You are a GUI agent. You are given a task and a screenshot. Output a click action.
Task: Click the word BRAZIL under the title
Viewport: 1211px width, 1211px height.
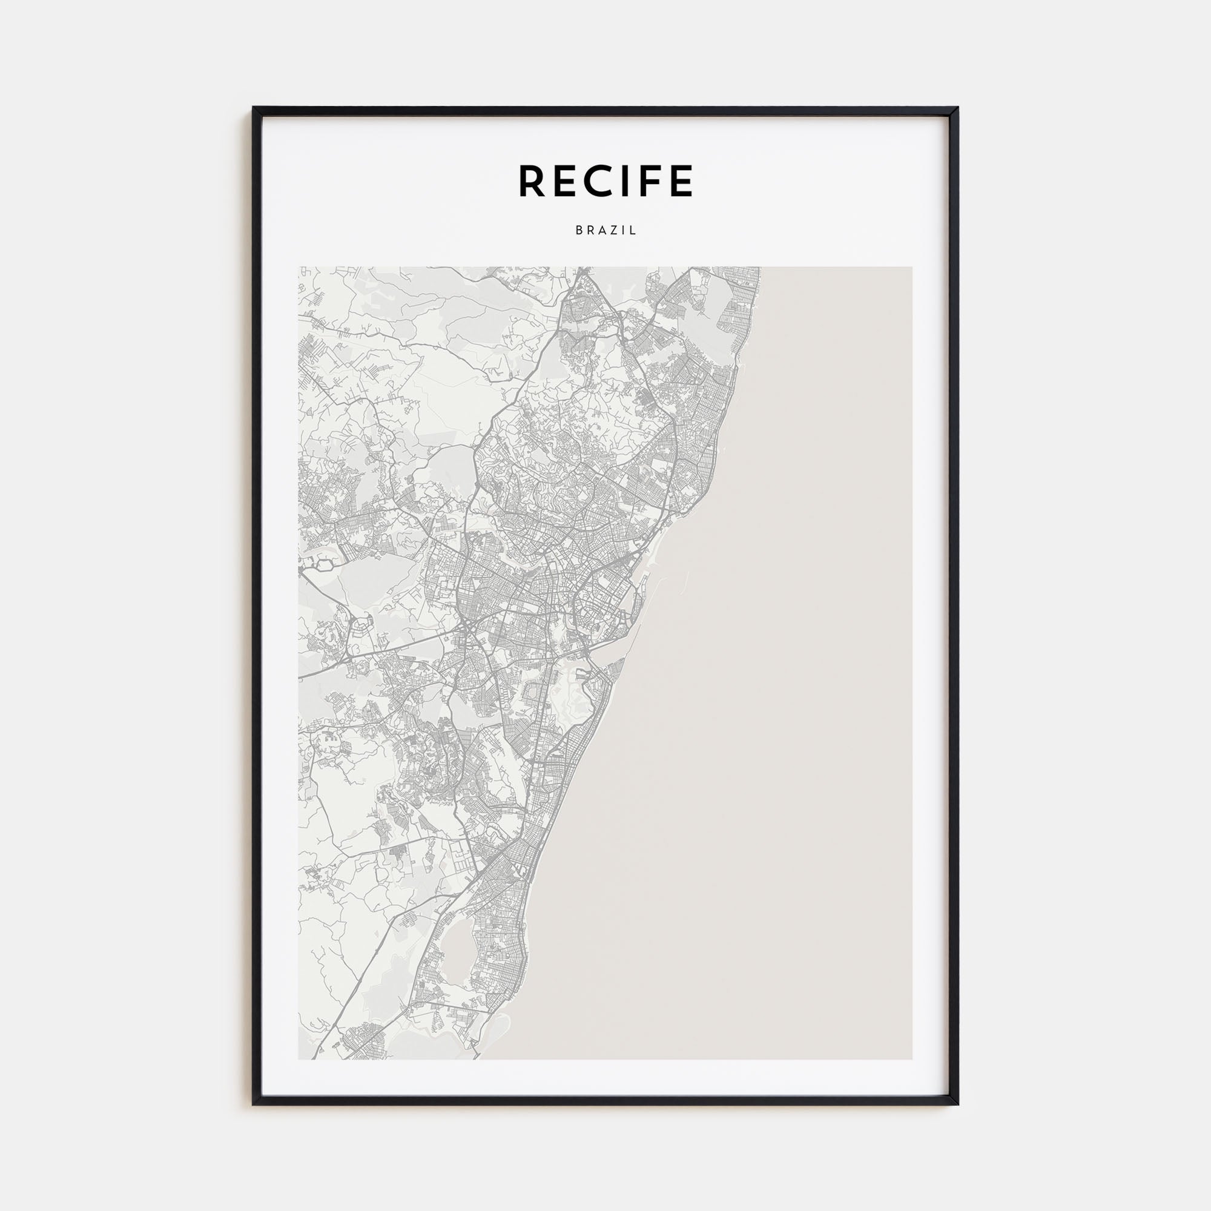tap(605, 230)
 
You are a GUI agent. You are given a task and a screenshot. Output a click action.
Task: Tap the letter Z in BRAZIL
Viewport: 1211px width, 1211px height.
tap(617, 230)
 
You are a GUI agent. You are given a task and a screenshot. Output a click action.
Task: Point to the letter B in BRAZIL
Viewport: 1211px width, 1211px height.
tap(578, 230)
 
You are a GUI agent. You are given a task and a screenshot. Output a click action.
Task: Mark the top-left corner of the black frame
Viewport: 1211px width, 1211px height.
tap(253, 108)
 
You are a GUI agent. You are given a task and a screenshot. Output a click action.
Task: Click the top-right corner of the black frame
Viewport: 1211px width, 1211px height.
tap(958, 108)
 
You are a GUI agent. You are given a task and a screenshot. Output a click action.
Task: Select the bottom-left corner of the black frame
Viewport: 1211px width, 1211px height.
tap(253, 1104)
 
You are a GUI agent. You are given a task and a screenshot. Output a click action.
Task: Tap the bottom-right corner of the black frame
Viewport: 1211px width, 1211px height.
tap(958, 1104)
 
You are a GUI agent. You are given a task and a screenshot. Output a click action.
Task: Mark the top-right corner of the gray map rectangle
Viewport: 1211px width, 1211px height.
tap(912, 267)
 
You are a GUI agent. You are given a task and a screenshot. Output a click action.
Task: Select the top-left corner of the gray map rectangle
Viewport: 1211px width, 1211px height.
tap(299, 267)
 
